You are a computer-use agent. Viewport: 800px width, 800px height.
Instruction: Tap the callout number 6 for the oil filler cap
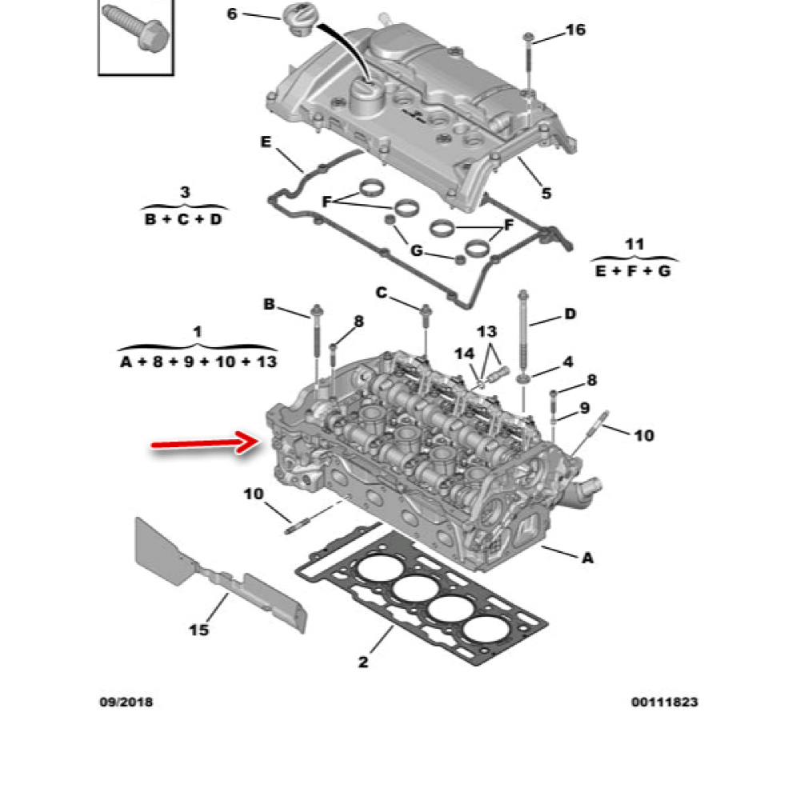(x=232, y=14)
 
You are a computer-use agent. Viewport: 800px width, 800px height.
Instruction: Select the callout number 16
(x=575, y=30)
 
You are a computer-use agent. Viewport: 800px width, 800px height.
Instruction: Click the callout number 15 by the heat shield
(x=199, y=630)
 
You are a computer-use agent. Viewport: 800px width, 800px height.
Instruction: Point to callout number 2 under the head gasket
(x=363, y=662)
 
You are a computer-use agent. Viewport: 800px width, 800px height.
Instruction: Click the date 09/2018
(x=126, y=702)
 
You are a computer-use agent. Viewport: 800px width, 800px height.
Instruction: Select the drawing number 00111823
(x=664, y=702)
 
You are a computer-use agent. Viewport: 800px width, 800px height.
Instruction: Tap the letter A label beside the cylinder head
(x=588, y=558)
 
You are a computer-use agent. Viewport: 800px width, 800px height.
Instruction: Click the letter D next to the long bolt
(x=570, y=314)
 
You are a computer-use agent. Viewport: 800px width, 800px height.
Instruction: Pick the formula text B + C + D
(x=184, y=219)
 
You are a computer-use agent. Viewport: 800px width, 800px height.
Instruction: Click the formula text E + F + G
(x=633, y=271)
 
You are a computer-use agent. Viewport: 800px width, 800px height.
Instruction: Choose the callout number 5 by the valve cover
(x=546, y=194)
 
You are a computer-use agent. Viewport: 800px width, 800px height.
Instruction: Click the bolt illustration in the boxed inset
(x=136, y=29)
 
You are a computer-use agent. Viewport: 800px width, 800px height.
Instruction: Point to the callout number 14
(x=464, y=354)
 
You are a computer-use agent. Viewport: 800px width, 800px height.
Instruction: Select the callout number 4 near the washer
(x=568, y=362)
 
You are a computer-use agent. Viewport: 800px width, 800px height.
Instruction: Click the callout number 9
(x=585, y=408)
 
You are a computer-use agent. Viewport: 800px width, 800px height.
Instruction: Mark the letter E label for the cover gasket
(x=266, y=142)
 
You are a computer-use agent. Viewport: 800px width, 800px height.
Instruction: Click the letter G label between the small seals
(x=417, y=250)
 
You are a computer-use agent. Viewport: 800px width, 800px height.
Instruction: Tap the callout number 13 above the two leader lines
(x=486, y=332)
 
